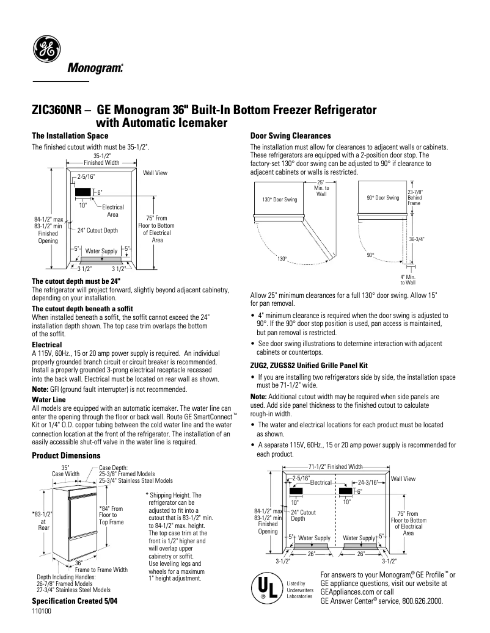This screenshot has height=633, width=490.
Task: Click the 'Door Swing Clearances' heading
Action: tap(291, 136)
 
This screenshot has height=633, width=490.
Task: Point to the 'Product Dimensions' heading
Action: tap(66, 455)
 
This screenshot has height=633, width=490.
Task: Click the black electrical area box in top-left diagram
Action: tap(82, 192)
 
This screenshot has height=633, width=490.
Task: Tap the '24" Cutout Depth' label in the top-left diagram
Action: tap(98, 231)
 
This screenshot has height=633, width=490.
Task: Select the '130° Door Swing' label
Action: tap(280, 200)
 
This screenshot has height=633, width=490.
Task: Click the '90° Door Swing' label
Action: tap(382, 198)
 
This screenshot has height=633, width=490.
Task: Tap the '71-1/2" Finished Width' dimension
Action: tap(335, 466)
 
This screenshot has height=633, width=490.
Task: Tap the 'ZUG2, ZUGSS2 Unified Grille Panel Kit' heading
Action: tap(309, 365)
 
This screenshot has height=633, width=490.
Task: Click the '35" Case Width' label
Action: tap(65, 470)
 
